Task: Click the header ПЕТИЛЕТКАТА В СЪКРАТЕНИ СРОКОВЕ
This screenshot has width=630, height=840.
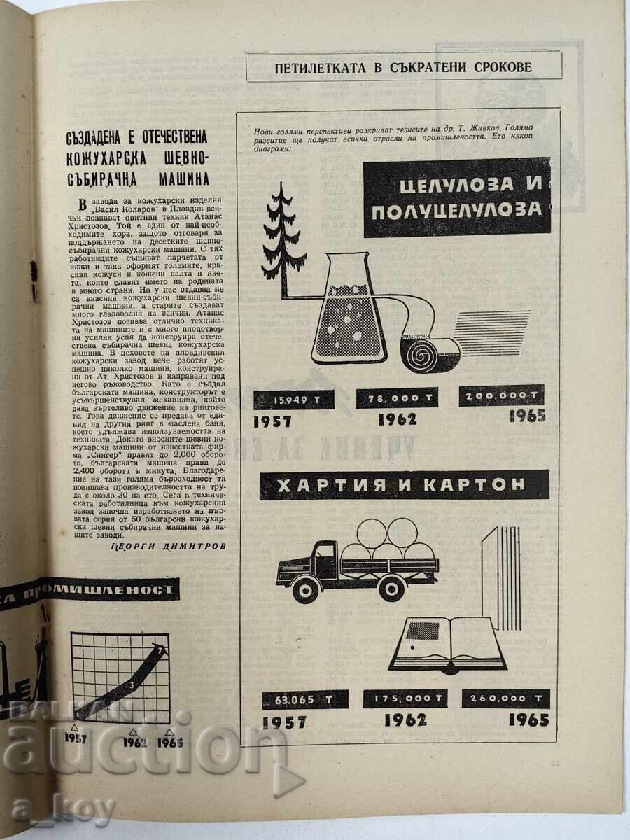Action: (404, 67)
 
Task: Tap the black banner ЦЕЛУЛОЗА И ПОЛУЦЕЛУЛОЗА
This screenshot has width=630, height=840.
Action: (457, 197)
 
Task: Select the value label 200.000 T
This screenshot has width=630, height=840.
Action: (503, 395)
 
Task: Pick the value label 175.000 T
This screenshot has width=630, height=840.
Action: (405, 699)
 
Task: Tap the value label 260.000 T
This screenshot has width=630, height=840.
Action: (505, 698)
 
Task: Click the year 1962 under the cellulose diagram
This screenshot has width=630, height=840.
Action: (398, 419)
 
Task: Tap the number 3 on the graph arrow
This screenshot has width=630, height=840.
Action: (130, 684)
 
